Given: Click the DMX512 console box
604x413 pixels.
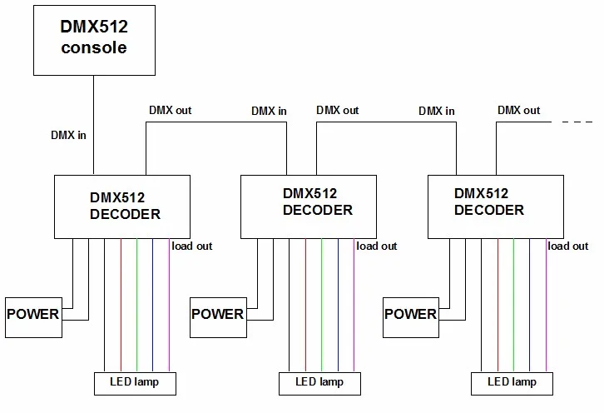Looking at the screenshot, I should (x=93, y=38).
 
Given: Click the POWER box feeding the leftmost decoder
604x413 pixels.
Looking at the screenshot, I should (x=33, y=316).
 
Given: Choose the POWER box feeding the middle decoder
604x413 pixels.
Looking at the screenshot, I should (x=218, y=316).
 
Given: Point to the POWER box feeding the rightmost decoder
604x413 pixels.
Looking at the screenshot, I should (x=410, y=316).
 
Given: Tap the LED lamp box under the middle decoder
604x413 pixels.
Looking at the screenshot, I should (x=319, y=383).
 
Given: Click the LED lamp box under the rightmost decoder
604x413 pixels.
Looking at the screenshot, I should (x=512, y=383).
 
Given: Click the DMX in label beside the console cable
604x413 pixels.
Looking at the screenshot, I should (x=70, y=136).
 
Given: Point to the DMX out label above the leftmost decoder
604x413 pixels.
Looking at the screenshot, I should (x=171, y=110).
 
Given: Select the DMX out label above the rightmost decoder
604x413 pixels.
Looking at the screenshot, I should (x=518, y=110).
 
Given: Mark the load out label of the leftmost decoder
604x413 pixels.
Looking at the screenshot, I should (x=192, y=246).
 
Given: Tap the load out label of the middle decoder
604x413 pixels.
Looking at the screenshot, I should (x=377, y=246).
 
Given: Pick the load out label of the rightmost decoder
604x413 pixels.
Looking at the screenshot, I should (x=568, y=246).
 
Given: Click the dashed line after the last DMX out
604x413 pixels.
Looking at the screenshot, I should (x=577, y=122).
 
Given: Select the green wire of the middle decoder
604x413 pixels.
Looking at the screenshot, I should (x=322, y=304).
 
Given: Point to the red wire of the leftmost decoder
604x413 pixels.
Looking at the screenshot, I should (x=121, y=304).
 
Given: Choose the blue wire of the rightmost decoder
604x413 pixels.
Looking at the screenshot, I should (x=530, y=304).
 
